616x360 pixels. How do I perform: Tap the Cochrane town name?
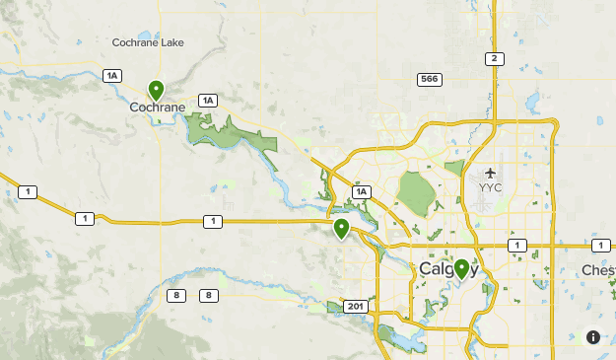tap(157, 108)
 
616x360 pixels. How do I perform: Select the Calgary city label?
tap(448, 269)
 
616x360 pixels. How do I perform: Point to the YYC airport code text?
tap(490, 186)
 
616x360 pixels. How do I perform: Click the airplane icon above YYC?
tap(490, 174)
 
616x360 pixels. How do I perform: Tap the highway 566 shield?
tap(429, 79)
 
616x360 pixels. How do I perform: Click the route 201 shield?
tap(355, 307)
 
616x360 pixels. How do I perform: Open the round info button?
tap(592, 337)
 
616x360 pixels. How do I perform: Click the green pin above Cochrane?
tap(156, 90)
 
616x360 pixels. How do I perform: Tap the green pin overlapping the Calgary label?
tap(461, 267)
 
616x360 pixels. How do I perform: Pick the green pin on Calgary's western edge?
tap(341, 229)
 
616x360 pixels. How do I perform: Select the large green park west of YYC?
tap(417, 191)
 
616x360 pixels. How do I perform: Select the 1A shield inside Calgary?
tap(362, 191)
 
